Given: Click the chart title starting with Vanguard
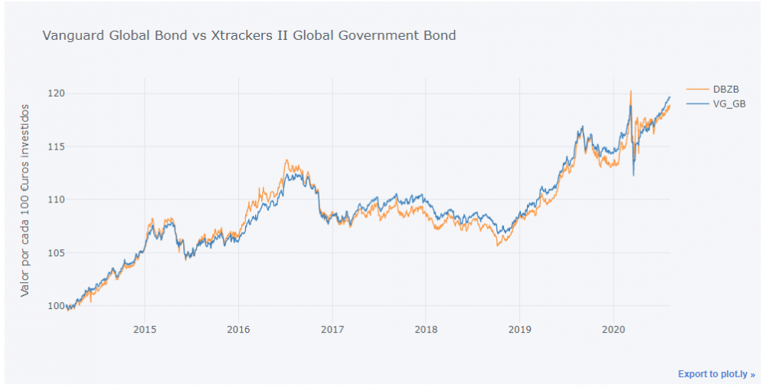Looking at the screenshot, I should point(249,35).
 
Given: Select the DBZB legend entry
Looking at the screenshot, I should point(725,90).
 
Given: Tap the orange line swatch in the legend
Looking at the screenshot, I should point(697,90).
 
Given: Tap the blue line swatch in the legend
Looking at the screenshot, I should point(697,103).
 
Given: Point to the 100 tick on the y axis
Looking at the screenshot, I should point(54,306).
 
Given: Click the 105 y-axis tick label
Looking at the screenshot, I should point(54,253).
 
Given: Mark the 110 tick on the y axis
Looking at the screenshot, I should point(54,199).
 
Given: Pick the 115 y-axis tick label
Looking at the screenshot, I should point(54,146).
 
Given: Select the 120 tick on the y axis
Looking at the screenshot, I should point(54,94).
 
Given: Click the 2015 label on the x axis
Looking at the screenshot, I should point(145,330).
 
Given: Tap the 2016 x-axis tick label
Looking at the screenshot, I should point(238,330).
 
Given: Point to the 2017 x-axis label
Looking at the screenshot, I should point(332,330).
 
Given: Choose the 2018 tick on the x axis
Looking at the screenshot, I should point(426,330).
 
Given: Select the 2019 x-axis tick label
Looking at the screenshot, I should point(519,330).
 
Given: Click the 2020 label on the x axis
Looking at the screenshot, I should point(613,330).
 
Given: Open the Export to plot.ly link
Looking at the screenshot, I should point(716,374).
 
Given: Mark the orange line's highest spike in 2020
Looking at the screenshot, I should point(630,91).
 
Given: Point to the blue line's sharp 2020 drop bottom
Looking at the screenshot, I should point(633,176).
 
